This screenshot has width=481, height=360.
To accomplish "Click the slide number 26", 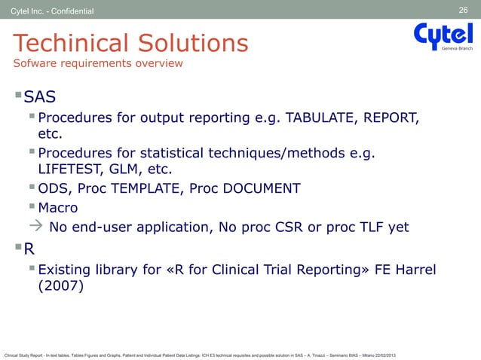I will point(464,10).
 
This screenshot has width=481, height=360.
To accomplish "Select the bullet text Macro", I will point(58,207).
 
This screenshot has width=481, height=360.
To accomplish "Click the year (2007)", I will point(61,287).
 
